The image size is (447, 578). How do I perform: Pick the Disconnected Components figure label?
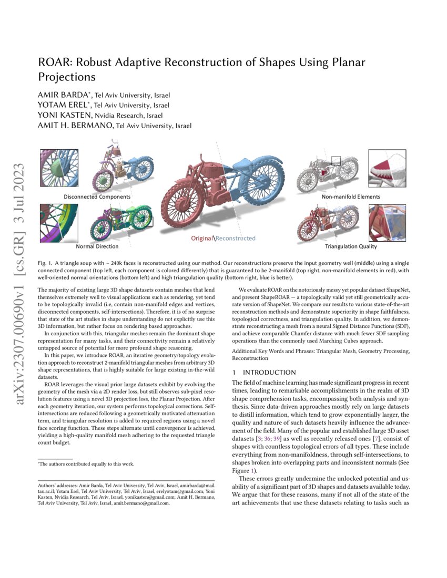pos(97,197)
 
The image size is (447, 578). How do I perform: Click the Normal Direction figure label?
pos(97,246)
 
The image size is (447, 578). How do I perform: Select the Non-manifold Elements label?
pos(351,197)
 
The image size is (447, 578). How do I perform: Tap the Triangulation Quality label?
pos(351,246)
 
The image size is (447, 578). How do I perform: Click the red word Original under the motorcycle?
pos(202,238)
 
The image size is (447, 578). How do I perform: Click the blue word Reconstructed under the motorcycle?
pos(236,238)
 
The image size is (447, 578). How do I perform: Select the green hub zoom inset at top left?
pos(59,168)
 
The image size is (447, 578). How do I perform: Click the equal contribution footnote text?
pos(87,464)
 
